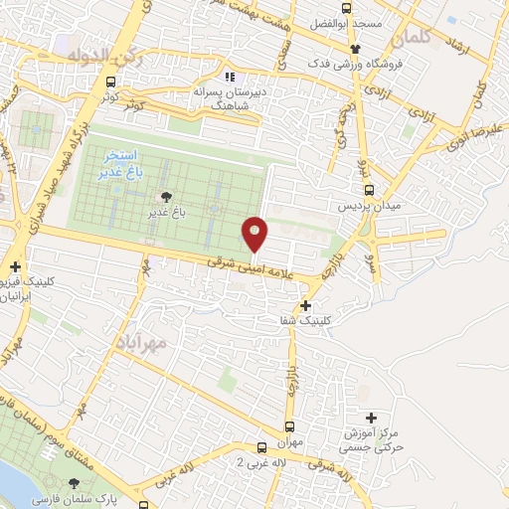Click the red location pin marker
(255, 234)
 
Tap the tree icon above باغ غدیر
(165, 196)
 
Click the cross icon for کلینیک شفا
(305, 305)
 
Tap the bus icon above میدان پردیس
(369, 189)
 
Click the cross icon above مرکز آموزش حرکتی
(372, 418)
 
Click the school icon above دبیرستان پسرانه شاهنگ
(230, 76)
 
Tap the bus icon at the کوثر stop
(109, 83)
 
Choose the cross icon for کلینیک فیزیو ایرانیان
(15, 266)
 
